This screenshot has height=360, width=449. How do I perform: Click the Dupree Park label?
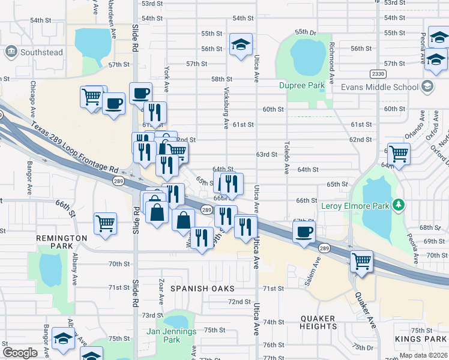pos(302,86)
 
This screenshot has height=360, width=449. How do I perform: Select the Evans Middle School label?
pos(379,87)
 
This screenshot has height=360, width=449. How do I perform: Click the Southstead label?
pos(41,52)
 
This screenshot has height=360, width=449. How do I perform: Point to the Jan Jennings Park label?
pos(171,335)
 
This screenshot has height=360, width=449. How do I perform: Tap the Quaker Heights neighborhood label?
pos(318,322)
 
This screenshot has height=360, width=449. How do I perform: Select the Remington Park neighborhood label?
pos(62,242)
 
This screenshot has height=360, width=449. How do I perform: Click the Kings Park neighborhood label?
pos(421,340)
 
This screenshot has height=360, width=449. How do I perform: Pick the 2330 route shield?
pos(378,73)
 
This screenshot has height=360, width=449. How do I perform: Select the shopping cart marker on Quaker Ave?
pos(361,261)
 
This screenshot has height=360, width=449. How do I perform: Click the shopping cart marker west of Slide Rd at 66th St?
pos(106,223)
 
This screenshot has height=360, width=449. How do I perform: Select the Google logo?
pos(20,353)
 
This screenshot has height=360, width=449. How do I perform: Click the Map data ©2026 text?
pos(423,355)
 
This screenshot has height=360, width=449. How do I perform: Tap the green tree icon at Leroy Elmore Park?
pos(397,206)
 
